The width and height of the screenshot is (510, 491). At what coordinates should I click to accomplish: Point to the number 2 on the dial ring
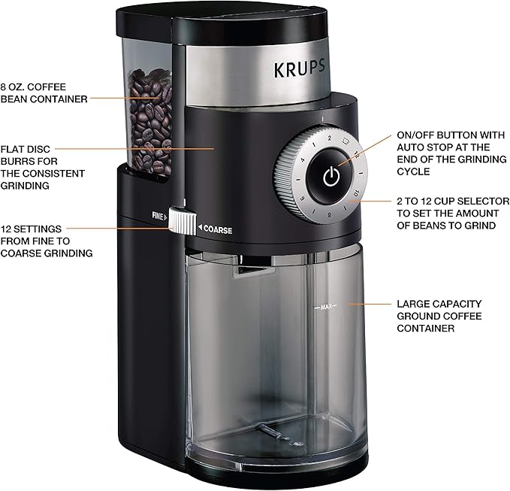[328, 139]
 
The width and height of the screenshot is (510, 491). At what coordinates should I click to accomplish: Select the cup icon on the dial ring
[345, 142]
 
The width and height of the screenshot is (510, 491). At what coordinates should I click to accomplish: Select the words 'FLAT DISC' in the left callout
[26, 149]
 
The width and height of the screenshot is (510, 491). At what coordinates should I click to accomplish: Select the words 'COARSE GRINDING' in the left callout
[47, 253]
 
